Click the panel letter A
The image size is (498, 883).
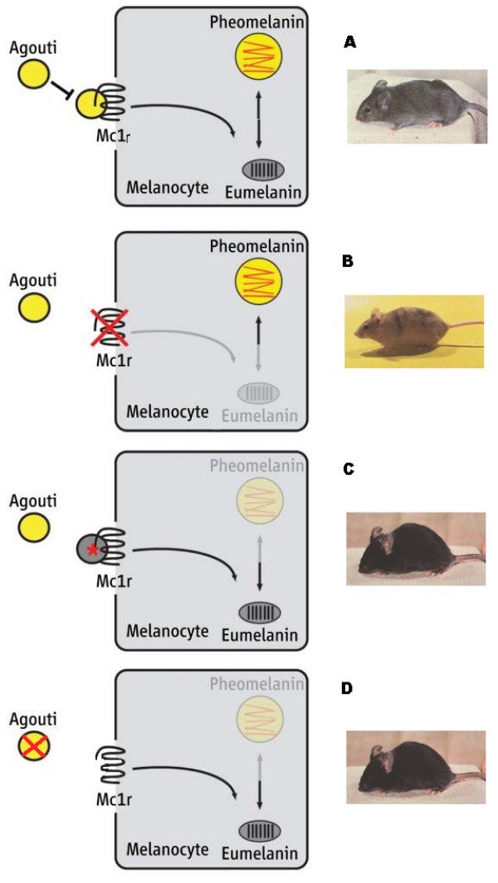tap(349, 42)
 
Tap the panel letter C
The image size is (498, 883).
tap(349, 469)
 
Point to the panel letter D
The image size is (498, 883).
tap(349, 688)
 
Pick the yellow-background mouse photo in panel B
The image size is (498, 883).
tap(413, 330)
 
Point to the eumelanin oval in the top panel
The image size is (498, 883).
tap(263, 169)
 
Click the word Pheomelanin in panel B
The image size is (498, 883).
tap(256, 247)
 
